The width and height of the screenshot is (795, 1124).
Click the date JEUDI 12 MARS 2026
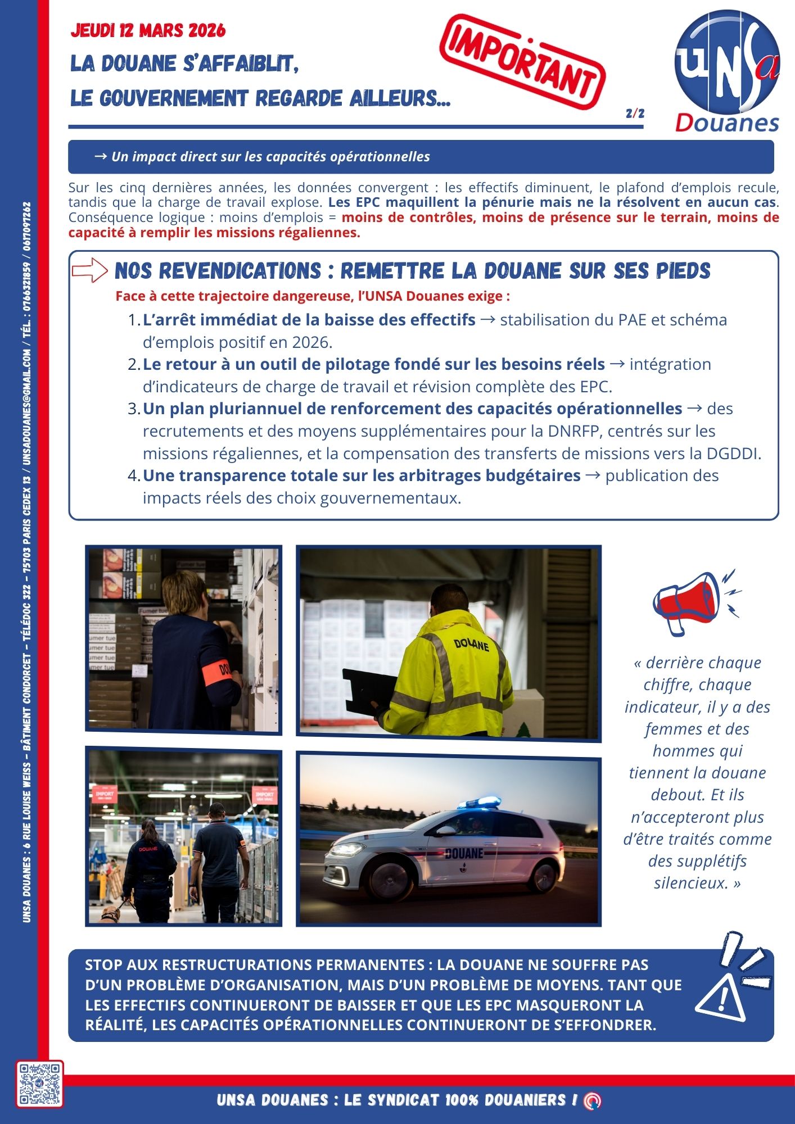pyautogui.click(x=148, y=30)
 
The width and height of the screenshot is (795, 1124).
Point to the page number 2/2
pyautogui.click(x=635, y=114)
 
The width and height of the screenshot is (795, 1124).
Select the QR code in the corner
pyautogui.click(x=39, y=1084)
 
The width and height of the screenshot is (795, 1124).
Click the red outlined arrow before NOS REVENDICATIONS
pyautogui.click(x=89, y=270)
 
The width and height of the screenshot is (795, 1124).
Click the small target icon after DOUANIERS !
pyautogui.click(x=592, y=1100)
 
